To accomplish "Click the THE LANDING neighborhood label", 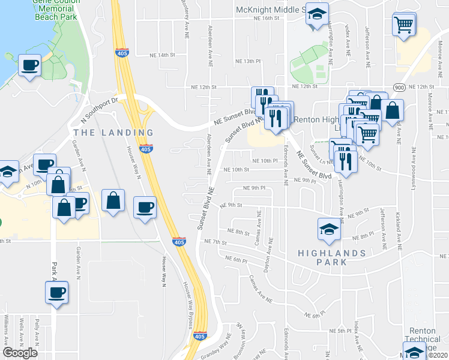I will (113, 132).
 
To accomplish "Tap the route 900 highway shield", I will (399, 88).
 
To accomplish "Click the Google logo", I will (20, 353).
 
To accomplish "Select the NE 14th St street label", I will (162, 55).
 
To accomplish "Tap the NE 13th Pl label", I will (249, 61).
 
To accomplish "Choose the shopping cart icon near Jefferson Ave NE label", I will (404, 25).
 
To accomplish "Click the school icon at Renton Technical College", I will (414, 352).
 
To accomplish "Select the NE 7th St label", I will (215, 242).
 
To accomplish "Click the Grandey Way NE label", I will (220, 347).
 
